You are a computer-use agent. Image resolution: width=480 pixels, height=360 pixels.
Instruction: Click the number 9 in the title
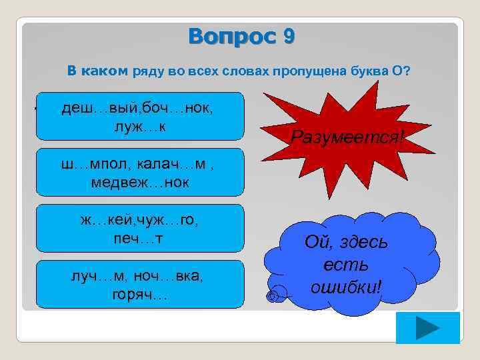[x=287, y=36]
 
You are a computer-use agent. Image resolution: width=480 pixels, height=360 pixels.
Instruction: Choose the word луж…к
[x=140, y=125]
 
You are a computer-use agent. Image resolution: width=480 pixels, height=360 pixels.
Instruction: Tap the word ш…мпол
[x=87, y=163]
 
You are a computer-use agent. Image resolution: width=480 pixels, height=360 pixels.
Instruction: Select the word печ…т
[x=140, y=237]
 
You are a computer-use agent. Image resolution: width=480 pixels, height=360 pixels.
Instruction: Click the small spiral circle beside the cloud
[x=271, y=295]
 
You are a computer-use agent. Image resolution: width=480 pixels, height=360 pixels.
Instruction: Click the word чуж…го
[x=169, y=220]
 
